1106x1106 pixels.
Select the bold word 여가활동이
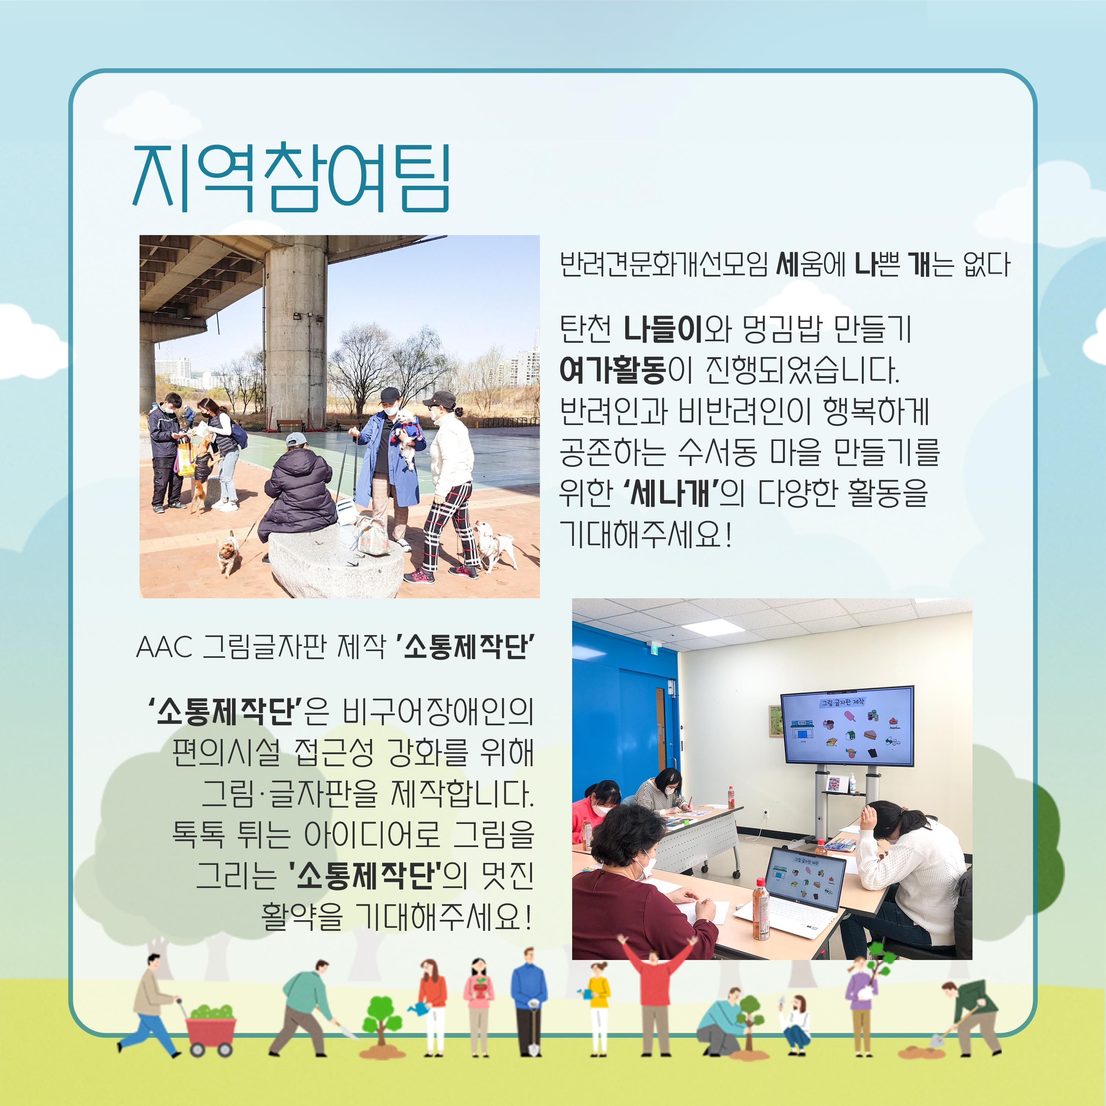tap(626, 370)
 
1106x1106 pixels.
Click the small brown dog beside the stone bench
tap(228, 552)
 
